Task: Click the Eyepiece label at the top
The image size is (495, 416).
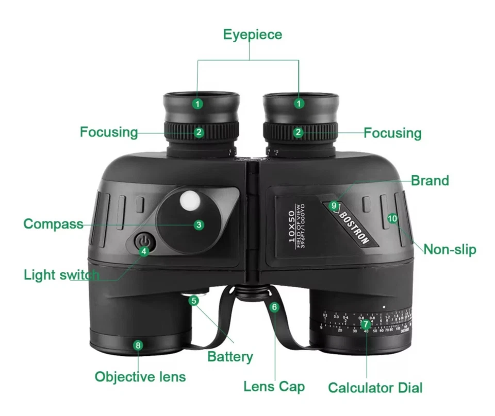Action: (x=252, y=34)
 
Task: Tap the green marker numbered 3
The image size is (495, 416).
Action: (x=199, y=224)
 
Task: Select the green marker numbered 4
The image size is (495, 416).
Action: (x=144, y=251)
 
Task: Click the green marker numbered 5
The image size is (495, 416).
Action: (x=194, y=301)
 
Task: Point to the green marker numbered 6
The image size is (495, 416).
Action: (x=274, y=307)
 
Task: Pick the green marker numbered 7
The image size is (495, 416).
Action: (x=366, y=324)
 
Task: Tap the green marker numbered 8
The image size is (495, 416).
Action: (x=138, y=345)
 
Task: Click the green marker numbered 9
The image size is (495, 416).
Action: (x=334, y=205)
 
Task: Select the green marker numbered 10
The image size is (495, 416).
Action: (x=393, y=218)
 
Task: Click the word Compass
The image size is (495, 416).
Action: (x=53, y=224)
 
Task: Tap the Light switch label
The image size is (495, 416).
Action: (x=61, y=274)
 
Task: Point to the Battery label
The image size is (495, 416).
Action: (x=230, y=356)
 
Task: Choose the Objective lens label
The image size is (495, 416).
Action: (x=140, y=376)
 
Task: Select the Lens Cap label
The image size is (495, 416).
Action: (x=274, y=386)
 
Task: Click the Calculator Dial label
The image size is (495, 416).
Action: (x=375, y=388)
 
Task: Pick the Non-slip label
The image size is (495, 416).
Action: (x=450, y=250)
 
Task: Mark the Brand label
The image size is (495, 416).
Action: (x=430, y=181)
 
